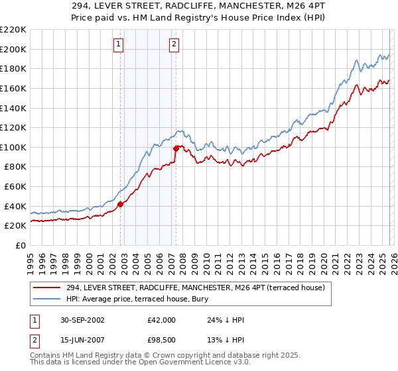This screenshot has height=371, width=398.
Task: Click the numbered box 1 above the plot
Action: click(118, 44)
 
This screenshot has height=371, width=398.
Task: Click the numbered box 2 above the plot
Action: click(174, 44)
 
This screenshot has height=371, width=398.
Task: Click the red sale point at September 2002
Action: click(121, 205)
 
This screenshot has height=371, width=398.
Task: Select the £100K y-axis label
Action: click(13, 147)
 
